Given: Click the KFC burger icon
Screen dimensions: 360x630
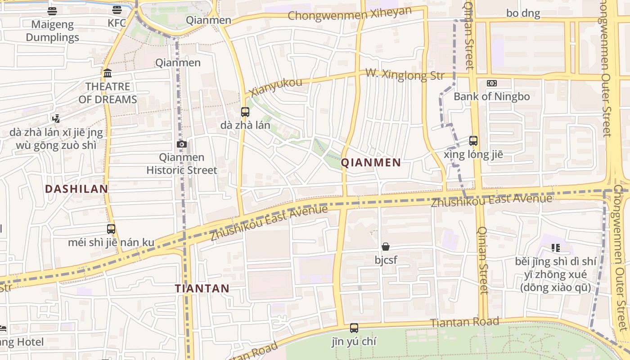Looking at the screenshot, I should [117, 10].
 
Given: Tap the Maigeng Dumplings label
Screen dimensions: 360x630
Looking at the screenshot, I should [52, 31].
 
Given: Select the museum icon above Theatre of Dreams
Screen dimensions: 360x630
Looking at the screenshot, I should [108, 73].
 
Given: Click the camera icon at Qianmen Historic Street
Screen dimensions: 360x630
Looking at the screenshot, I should [182, 144].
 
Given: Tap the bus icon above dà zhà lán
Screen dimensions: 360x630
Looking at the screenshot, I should [245, 112].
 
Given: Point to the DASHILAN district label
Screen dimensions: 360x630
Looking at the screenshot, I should [77, 189].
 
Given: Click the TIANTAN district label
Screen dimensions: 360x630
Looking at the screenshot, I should [202, 288].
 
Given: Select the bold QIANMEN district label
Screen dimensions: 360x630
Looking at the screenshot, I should [371, 163].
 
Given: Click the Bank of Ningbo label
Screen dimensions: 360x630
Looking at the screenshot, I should [491, 96].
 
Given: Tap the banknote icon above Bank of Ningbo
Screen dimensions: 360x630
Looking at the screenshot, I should [492, 83].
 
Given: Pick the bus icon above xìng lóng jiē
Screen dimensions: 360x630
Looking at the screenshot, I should [473, 141].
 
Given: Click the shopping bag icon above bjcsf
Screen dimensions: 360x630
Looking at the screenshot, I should [386, 247].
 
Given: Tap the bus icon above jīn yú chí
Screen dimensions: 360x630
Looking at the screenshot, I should [354, 328].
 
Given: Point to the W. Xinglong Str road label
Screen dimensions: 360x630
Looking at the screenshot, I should [404, 74].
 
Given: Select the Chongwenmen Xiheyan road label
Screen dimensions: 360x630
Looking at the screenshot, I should [350, 14].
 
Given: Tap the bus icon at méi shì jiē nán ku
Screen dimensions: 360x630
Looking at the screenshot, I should [111, 229].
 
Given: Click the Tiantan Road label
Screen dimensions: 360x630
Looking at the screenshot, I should [464, 322].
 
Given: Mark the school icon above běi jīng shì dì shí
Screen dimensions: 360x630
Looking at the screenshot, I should [555, 248].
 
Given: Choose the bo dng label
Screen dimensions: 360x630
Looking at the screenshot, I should [523, 13].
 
